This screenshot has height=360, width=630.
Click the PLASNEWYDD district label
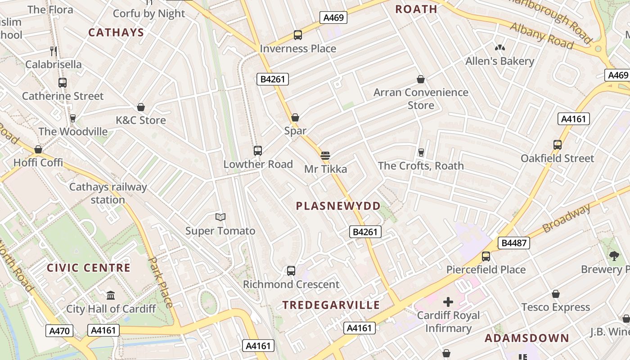pyautogui.click(x=338, y=206)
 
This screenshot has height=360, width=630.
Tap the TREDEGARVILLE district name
pyautogui.click(x=331, y=305)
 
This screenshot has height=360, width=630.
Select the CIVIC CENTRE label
pyautogui.click(x=89, y=268)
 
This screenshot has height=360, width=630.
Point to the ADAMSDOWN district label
pyautogui.click(x=527, y=338)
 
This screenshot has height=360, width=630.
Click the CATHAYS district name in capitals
pyautogui.click(x=116, y=32)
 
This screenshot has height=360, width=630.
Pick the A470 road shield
pyautogui.click(x=59, y=331)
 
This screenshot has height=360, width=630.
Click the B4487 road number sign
pyautogui.click(x=514, y=243)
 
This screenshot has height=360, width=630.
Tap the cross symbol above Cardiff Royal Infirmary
pyautogui.click(x=448, y=302)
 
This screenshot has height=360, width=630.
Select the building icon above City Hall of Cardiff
pyautogui.click(x=111, y=296)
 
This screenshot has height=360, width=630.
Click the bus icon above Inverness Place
pyautogui.click(x=297, y=35)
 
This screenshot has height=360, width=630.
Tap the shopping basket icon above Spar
pyautogui.click(x=295, y=118)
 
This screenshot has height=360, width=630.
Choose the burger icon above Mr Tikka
pyautogui.click(x=325, y=156)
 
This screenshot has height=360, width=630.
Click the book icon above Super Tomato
pyautogui.click(x=220, y=217)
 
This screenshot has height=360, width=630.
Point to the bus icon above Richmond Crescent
pyautogui.click(x=291, y=271)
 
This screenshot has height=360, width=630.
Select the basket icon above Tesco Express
pyautogui.click(x=556, y=294)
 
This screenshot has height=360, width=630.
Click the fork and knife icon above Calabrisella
pyautogui.click(x=54, y=51)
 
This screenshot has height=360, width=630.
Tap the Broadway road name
pyautogui.click(x=566, y=218)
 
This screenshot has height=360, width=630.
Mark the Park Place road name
pyautogui.click(x=161, y=282)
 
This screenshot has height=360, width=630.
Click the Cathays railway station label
pyautogui.click(x=108, y=193)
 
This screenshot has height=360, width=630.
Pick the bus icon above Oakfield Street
pyautogui.click(x=558, y=145)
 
